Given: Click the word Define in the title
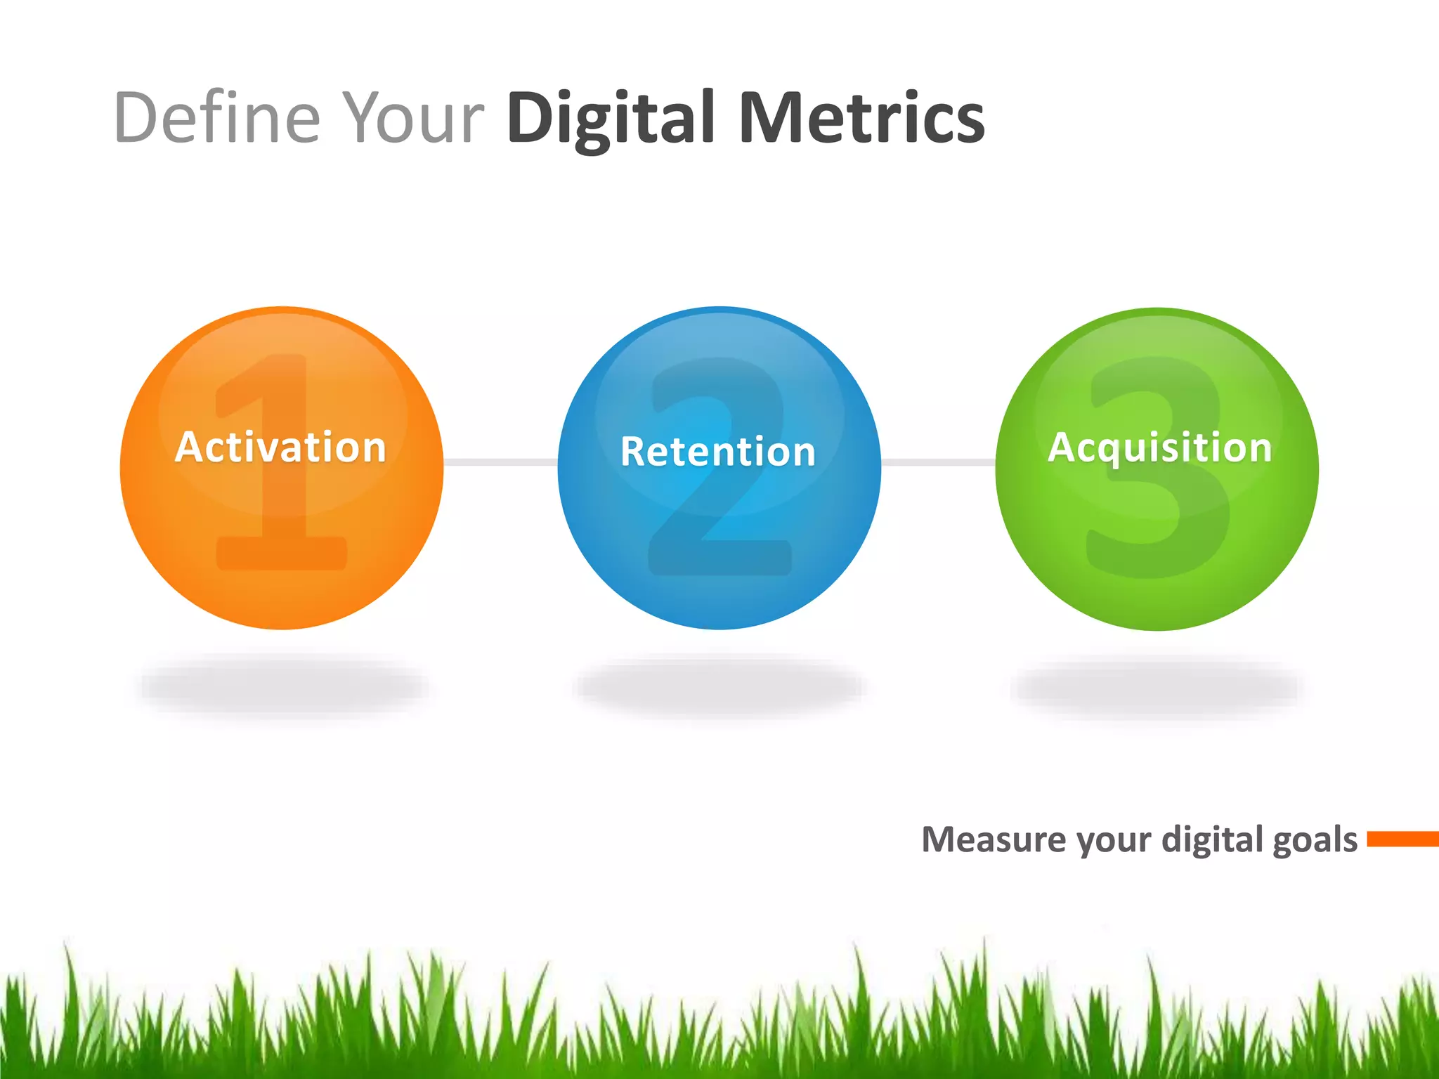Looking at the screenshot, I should (216, 117).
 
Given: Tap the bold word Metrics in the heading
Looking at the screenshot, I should (861, 117).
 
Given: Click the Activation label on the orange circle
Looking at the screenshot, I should (281, 447).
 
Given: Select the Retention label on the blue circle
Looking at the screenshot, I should (718, 452).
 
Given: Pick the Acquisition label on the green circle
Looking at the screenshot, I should (1160, 447).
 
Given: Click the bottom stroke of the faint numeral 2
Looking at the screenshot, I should (720, 558).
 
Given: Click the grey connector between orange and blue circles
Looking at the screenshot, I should (500, 462).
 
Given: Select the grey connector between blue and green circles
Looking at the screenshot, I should (938, 462).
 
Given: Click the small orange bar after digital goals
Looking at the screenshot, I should (1402, 839).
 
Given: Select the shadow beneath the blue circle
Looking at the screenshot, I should (719, 686).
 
